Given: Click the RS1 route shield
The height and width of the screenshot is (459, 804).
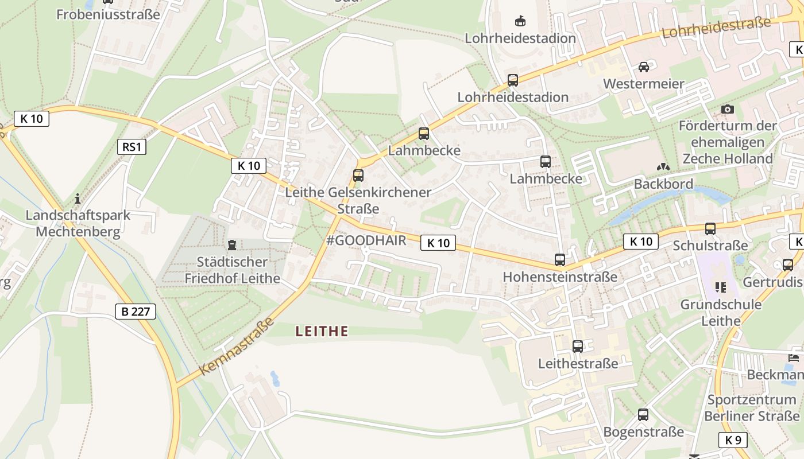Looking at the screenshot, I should point(131,147).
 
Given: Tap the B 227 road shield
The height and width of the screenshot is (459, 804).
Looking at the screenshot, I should point(136,312).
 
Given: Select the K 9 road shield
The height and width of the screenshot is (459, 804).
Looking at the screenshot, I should point(733,440).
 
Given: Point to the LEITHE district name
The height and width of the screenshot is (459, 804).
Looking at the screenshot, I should point(322,331).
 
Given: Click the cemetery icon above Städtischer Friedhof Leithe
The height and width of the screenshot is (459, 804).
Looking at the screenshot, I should point(232,246).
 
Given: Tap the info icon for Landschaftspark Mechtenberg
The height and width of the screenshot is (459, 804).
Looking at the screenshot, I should point(78,199).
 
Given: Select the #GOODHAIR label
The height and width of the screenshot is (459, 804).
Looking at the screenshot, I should point(366,240).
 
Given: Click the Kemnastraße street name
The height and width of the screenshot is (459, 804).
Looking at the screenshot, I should point(229,346).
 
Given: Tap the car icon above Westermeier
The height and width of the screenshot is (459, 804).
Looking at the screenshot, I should point(644,67).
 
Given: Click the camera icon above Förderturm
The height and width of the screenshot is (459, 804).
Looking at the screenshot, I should point(727,109).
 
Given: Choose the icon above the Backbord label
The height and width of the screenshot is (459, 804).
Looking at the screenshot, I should point(663,167).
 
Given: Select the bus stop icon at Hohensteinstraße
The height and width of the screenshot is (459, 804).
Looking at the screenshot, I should point(560,260).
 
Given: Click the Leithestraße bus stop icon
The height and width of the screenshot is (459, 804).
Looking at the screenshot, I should point(578,347).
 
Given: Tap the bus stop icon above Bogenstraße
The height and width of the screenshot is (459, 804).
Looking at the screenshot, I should point(643,415).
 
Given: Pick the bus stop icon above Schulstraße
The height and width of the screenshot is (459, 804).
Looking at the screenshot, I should point(710,229).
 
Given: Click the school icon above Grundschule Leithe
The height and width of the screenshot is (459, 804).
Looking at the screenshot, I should point(721,287).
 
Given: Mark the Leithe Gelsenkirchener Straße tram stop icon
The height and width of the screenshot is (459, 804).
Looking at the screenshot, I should point(358,176).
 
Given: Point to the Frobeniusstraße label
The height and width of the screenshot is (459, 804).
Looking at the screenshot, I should point(108,14).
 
